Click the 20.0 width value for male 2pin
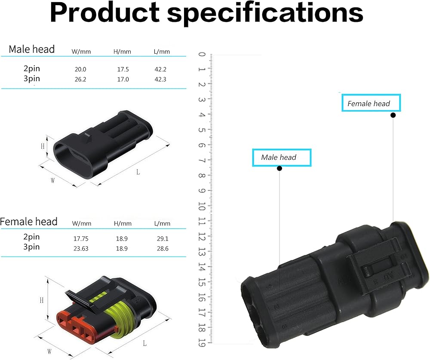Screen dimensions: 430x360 pyautogui.click(x=80, y=69)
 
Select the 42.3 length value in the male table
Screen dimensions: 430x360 pyautogui.click(x=160, y=79)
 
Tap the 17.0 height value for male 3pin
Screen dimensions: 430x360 pyautogui.click(x=123, y=79)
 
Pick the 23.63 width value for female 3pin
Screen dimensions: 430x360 pyautogui.click(x=81, y=248)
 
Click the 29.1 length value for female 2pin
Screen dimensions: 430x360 pyautogui.click(x=163, y=238)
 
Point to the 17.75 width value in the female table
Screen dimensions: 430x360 pyautogui.click(x=81, y=238)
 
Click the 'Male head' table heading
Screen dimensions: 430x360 pyautogui.click(x=31, y=49)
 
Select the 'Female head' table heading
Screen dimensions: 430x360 pyautogui.click(x=28, y=221)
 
